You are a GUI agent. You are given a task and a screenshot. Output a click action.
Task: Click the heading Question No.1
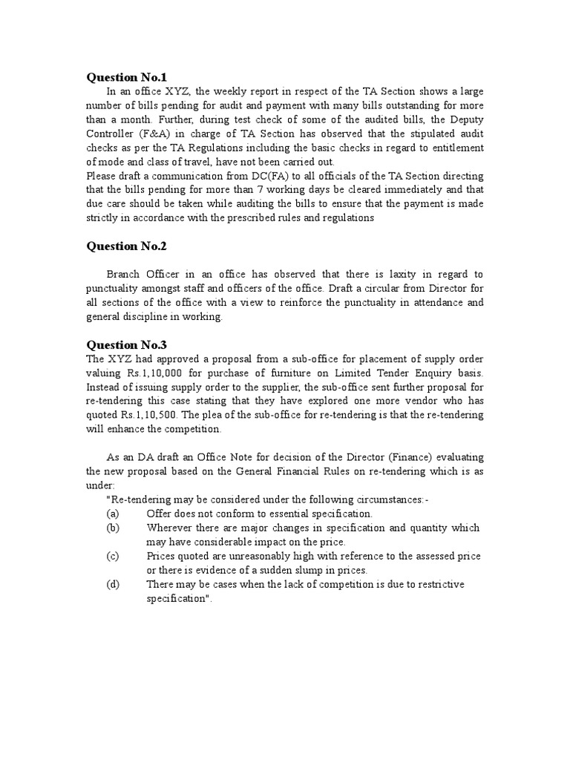point(127,76)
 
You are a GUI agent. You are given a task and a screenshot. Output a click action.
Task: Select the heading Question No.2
point(127,246)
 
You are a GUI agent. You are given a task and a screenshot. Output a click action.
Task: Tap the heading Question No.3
point(127,344)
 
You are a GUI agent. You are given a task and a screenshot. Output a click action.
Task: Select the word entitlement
point(450,148)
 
